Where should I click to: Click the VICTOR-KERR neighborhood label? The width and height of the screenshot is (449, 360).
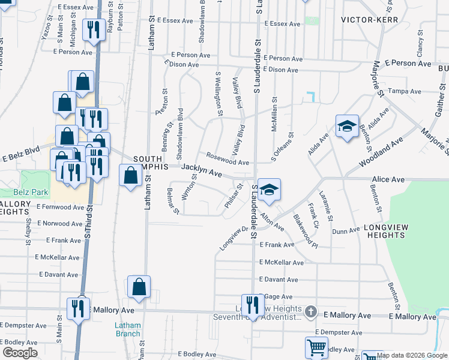[x=366, y=19]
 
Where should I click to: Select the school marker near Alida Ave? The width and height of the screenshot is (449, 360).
[x=346, y=127]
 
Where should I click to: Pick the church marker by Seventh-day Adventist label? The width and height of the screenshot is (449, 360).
[x=310, y=311]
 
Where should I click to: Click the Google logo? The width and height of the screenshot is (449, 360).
[x=20, y=353]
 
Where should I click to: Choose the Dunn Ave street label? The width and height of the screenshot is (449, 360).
[x=345, y=230]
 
